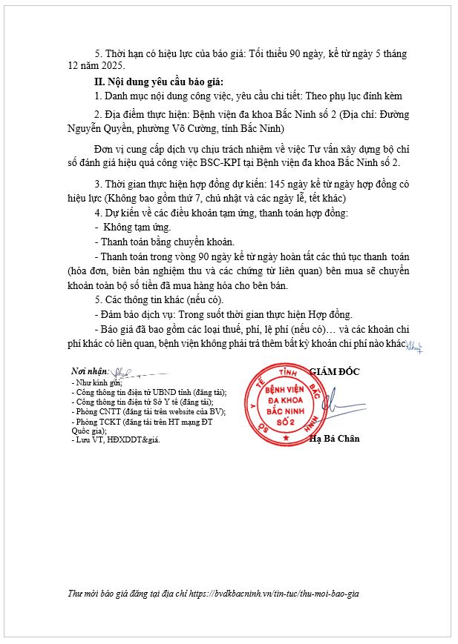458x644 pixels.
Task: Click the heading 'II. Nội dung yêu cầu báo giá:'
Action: (153, 82)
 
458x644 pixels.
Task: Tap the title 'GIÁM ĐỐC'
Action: (333, 371)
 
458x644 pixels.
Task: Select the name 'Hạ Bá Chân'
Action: (334, 438)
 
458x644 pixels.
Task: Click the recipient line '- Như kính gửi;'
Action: (96, 382)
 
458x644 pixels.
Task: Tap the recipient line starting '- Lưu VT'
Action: (115, 439)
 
